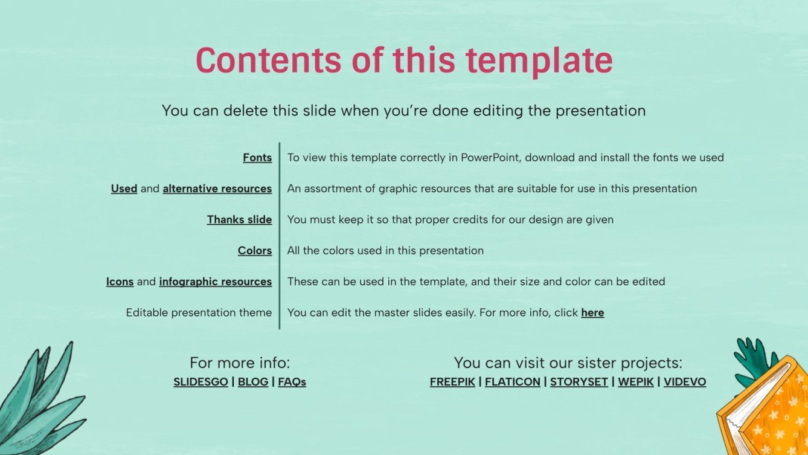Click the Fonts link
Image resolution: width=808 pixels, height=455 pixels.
click(x=257, y=158)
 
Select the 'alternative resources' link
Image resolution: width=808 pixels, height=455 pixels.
click(x=217, y=189)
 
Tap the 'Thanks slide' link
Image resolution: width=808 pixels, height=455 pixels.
click(x=239, y=220)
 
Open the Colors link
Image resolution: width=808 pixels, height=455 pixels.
click(x=255, y=251)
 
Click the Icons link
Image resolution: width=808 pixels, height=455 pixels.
click(x=120, y=282)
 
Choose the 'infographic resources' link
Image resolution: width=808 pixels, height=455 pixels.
click(x=216, y=282)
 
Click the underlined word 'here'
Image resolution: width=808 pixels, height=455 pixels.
click(x=592, y=313)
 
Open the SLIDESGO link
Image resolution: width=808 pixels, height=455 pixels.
click(x=200, y=382)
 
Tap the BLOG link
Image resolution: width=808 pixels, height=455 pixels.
click(x=253, y=382)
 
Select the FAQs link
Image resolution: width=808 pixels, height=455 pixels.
click(x=292, y=382)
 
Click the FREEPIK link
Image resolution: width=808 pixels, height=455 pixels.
click(x=452, y=382)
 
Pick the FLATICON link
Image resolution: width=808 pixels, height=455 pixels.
click(x=513, y=382)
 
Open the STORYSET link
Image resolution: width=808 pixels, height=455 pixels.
click(x=579, y=382)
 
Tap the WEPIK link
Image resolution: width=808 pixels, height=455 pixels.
click(x=636, y=382)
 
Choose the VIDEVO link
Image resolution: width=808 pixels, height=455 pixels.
click(x=685, y=382)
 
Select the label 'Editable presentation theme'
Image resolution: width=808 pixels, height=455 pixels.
click(x=199, y=313)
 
